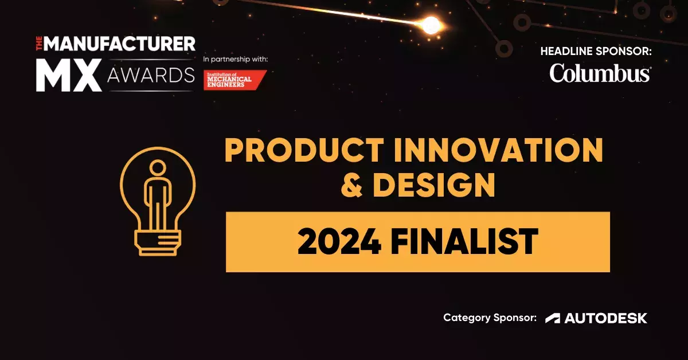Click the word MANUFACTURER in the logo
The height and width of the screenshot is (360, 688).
click(x=119, y=44)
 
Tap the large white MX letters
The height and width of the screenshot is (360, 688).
click(x=69, y=75)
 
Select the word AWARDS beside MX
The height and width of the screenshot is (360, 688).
click(x=151, y=75)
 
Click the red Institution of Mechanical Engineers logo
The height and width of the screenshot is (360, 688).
click(x=235, y=80)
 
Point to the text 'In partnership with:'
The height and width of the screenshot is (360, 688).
click(x=235, y=59)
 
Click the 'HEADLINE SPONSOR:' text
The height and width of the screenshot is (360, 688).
click(x=596, y=51)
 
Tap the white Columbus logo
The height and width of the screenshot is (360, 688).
click(x=600, y=73)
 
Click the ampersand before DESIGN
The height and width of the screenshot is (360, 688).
click(x=351, y=185)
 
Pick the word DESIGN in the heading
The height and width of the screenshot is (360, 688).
click(x=433, y=185)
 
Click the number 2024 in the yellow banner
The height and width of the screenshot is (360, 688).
click(x=339, y=242)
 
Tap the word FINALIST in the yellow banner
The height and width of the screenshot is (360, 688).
click(x=464, y=242)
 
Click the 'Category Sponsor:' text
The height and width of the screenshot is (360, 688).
click(x=490, y=318)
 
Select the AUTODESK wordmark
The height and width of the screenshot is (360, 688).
click(x=605, y=318)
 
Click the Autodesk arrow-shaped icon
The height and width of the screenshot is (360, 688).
click(x=553, y=318)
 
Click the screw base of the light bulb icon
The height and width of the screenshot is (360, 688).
click(x=158, y=244)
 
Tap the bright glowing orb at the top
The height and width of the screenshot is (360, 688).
click(x=431, y=25)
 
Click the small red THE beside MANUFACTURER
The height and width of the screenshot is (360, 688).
click(x=39, y=44)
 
